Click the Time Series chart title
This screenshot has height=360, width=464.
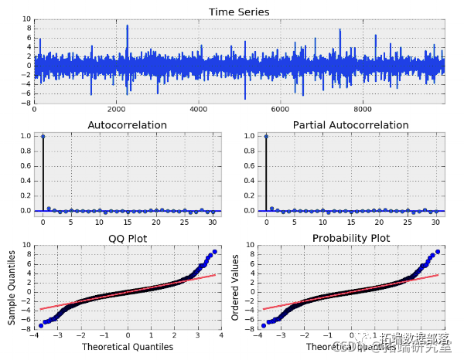click(x=240, y=12)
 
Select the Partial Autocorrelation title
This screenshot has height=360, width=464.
click(x=350, y=125)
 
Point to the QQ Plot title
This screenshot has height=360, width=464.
click(x=128, y=238)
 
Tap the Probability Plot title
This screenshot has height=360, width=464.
click(x=350, y=238)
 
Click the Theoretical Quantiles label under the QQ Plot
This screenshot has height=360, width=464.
click(x=128, y=348)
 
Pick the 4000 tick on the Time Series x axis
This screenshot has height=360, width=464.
click(x=199, y=110)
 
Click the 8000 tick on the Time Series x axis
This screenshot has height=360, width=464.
click(x=363, y=110)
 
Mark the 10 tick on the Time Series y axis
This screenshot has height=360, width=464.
click(x=26, y=19)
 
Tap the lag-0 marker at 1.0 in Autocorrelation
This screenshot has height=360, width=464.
click(x=43, y=136)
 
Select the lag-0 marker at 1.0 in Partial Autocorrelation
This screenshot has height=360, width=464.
click(x=266, y=136)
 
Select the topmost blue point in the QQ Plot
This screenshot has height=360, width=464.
click(x=214, y=252)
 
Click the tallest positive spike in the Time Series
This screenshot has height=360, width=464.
click(x=128, y=26)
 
